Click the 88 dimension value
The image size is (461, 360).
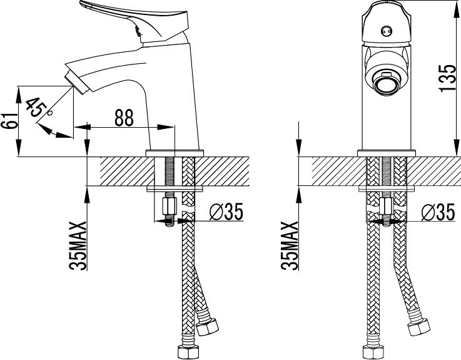pos(124,118)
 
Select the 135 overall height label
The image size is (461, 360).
pos(446,78)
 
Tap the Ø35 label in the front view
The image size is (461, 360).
pos(438,213)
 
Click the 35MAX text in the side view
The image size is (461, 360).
pos(78,245)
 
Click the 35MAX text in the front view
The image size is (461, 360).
pos(290,245)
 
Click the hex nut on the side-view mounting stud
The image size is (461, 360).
pos(169,205)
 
